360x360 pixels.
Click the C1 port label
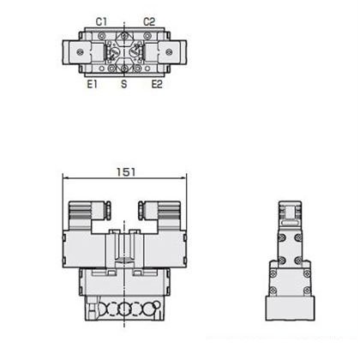101,21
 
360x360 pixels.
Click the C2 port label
149,21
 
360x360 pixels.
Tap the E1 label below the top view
93,84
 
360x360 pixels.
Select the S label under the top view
123,84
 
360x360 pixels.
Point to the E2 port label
157,84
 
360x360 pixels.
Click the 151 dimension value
126,172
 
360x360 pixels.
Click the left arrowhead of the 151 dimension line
65,178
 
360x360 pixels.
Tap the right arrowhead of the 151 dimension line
183,178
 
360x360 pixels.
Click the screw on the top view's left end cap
80,52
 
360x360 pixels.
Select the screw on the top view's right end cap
169,52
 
